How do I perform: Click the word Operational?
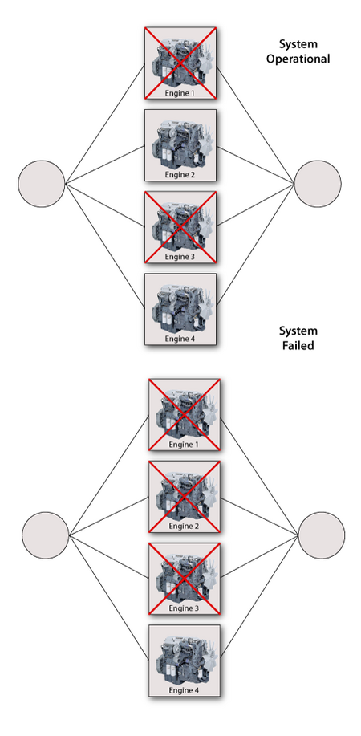298,59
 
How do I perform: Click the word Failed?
298,346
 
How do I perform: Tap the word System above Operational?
298,45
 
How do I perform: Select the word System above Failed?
298,331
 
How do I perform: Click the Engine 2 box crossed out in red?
184,497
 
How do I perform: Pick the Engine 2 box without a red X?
180,145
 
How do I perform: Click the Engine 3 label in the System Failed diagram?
184,608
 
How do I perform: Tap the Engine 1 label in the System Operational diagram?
180,93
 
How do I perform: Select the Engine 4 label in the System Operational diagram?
180,339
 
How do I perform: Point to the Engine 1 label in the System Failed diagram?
184,445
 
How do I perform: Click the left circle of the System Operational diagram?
41,184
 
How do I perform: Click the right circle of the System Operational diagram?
318,184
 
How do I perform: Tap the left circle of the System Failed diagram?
46,535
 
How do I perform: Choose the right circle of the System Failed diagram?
322,535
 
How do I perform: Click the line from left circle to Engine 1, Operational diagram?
104,124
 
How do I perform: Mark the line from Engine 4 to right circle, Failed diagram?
259,596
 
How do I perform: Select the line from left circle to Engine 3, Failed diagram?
109,556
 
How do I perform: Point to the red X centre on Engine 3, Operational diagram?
180,227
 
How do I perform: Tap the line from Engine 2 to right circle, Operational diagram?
255,165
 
